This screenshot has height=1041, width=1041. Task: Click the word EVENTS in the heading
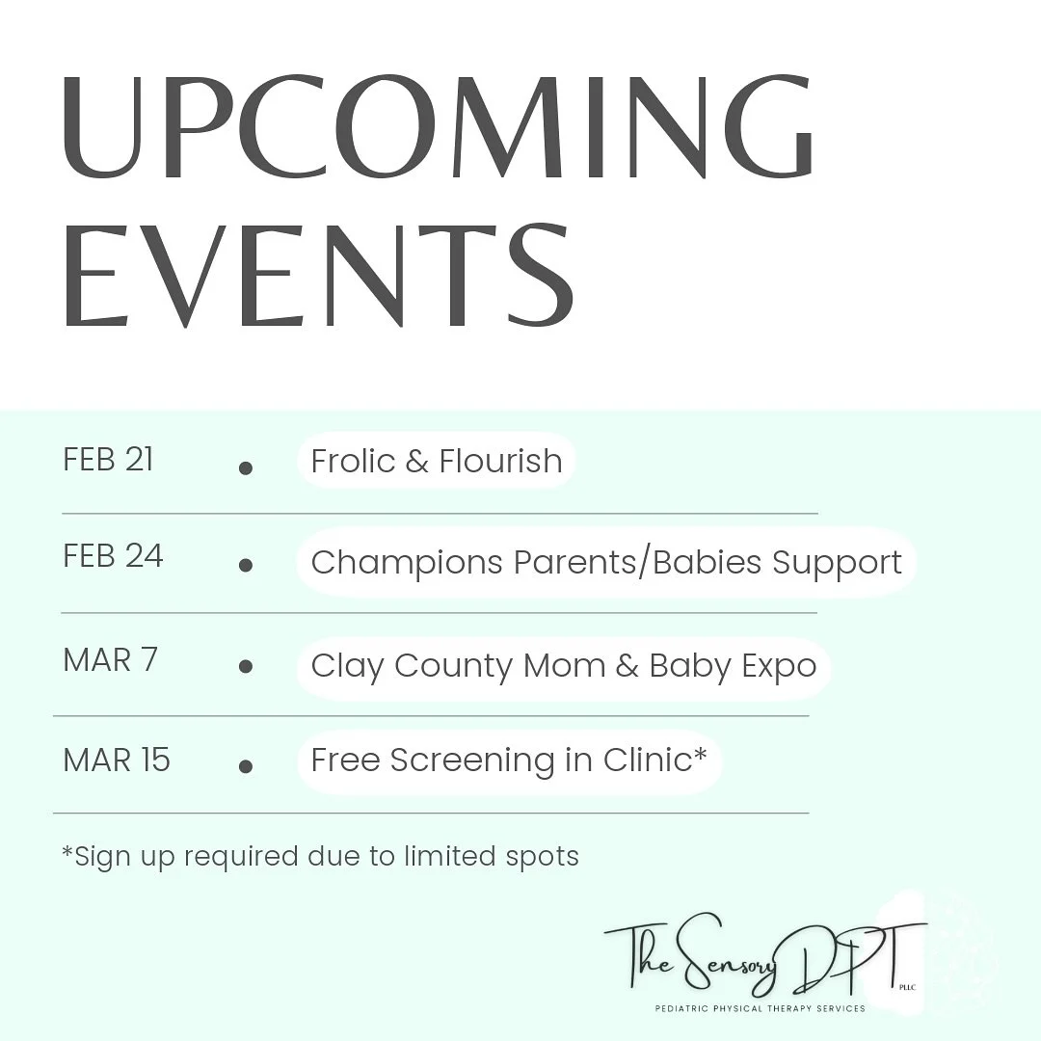click(x=318, y=274)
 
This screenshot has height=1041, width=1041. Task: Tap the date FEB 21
click(x=108, y=460)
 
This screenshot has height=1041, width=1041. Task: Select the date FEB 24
click(x=113, y=556)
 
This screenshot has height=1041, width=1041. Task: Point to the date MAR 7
click(x=110, y=660)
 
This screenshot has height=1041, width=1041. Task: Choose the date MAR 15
click(x=116, y=761)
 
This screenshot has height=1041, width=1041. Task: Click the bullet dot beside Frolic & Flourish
click(x=246, y=468)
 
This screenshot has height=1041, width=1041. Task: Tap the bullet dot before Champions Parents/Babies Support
click(x=246, y=566)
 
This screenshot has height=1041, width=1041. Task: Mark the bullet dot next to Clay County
click(x=246, y=666)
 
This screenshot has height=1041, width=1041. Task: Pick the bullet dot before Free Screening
click(x=246, y=766)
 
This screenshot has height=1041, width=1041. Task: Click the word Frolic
click(x=353, y=461)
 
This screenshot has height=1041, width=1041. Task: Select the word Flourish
click(x=500, y=461)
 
